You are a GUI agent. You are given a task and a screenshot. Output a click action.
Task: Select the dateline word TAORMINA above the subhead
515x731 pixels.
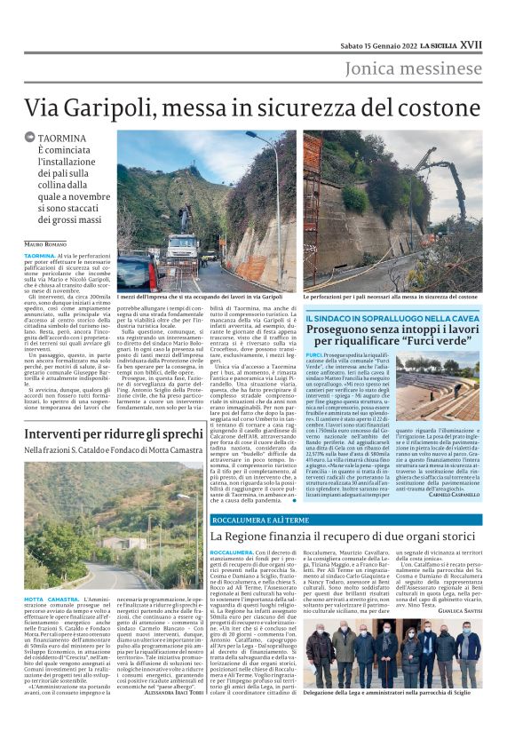pos(62,139)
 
